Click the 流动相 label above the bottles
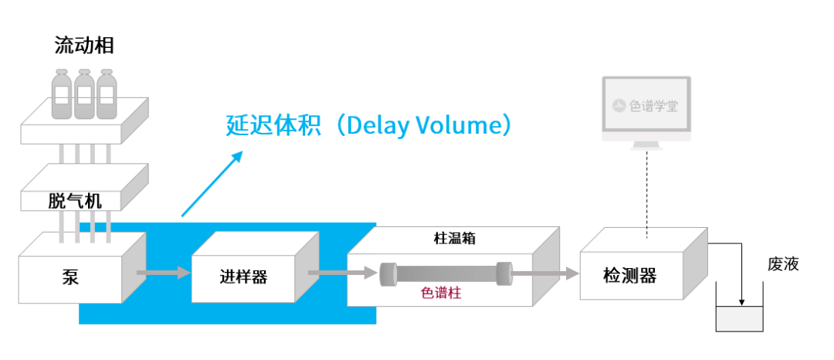tap(84, 46)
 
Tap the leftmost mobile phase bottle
tap(62, 93)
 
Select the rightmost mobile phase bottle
tap(107, 93)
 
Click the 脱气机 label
tap(75, 202)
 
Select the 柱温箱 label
tap(454, 238)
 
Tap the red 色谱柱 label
tap(441, 293)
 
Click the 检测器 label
tap(630, 276)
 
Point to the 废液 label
tap(783, 264)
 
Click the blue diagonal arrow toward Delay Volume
tap(212, 184)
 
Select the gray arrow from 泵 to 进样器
tap(164, 273)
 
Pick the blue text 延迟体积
tap(273, 126)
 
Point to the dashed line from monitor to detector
tap(647, 194)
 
